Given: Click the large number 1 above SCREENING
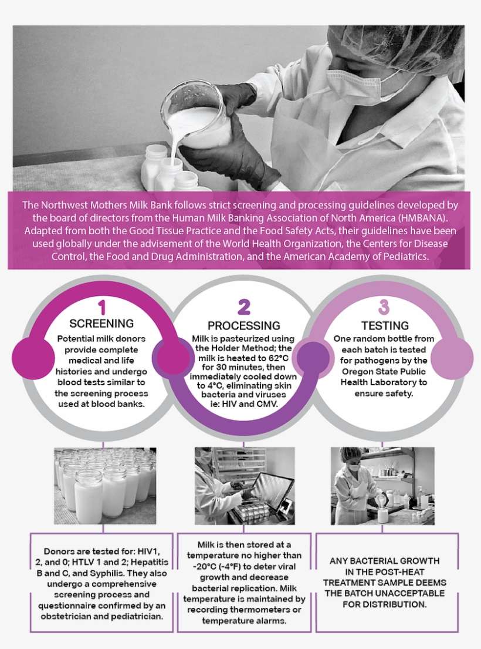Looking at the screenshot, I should pyautogui.click(x=101, y=307).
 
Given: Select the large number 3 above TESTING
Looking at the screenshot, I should pyautogui.click(x=384, y=307).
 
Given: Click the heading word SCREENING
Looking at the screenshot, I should pyautogui.click(x=101, y=324).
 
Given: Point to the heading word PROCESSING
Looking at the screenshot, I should pyautogui.click(x=243, y=325).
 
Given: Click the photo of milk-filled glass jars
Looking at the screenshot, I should pyautogui.click(x=105, y=485).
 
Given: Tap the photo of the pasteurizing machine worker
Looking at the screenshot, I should pyautogui.click(x=245, y=485).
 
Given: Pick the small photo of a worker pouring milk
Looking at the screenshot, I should pyautogui.click(x=382, y=485).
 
